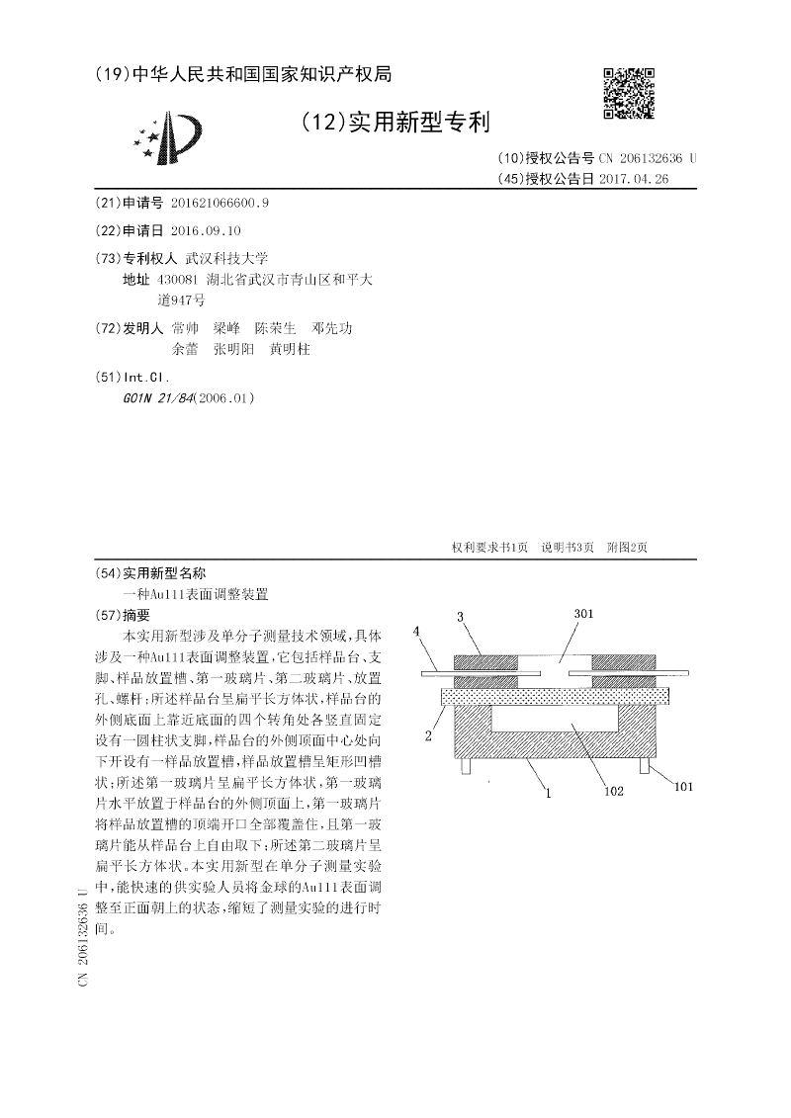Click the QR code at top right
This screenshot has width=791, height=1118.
(629, 94)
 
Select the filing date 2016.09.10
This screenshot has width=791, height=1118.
(206, 230)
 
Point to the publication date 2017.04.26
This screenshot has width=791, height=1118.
(634, 179)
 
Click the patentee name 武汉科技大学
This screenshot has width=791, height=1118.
(226, 258)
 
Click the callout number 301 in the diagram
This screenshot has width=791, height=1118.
(584, 614)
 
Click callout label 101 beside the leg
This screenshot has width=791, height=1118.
(683, 787)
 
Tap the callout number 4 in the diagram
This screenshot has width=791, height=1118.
(418, 630)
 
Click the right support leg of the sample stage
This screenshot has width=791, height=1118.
(646, 765)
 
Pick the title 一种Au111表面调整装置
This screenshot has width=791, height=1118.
(194, 595)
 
